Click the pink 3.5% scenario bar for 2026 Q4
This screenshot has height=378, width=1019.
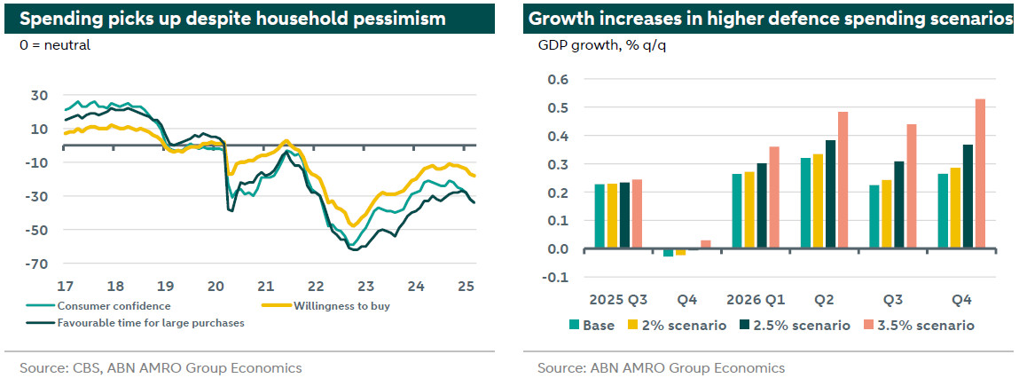pyautogui.click(x=980, y=174)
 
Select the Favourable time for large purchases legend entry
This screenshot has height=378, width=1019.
pyautogui.click(x=151, y=323)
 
